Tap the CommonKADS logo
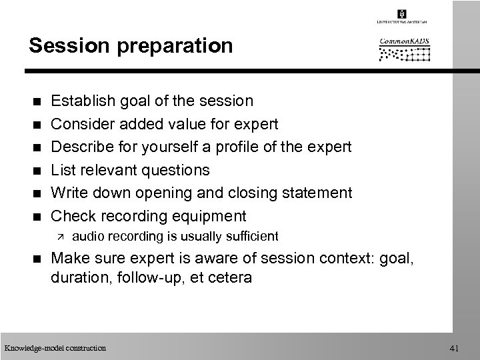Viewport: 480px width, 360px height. point(405,49)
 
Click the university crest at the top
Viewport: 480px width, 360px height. point(401,14)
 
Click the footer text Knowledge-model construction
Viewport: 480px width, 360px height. point(55,347)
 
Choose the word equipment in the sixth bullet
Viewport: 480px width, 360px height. point(208,216)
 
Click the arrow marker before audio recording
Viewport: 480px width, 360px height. point(59,236)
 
